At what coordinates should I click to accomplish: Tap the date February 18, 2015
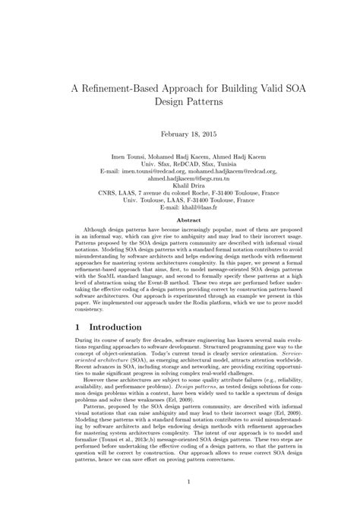179,134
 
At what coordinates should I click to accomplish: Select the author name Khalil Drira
179,186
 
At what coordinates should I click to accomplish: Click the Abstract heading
179,220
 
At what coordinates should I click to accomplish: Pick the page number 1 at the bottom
179,482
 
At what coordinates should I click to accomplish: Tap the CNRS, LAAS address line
179,194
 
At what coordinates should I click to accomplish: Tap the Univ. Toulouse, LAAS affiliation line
179,201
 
